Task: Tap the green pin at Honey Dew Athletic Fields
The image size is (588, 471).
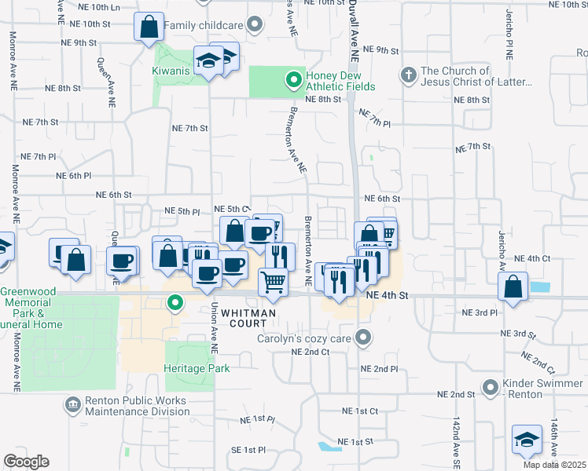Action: pos(293,78)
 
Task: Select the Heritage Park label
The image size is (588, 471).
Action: pos(197,368)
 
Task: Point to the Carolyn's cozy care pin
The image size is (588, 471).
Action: pos(362,338)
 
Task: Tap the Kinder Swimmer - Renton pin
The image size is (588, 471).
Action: pos(491,387)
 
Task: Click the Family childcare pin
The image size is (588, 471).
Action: pos(255,26)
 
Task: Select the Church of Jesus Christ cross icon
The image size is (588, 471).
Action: pos(407,75)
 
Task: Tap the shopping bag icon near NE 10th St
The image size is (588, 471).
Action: pos(149,28)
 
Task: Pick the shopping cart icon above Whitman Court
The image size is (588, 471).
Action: pos(273,281)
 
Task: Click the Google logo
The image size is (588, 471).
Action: pos(26,462)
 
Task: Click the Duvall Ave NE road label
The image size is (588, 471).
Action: pos(354,31)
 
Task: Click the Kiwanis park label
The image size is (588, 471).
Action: pos(171,70)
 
